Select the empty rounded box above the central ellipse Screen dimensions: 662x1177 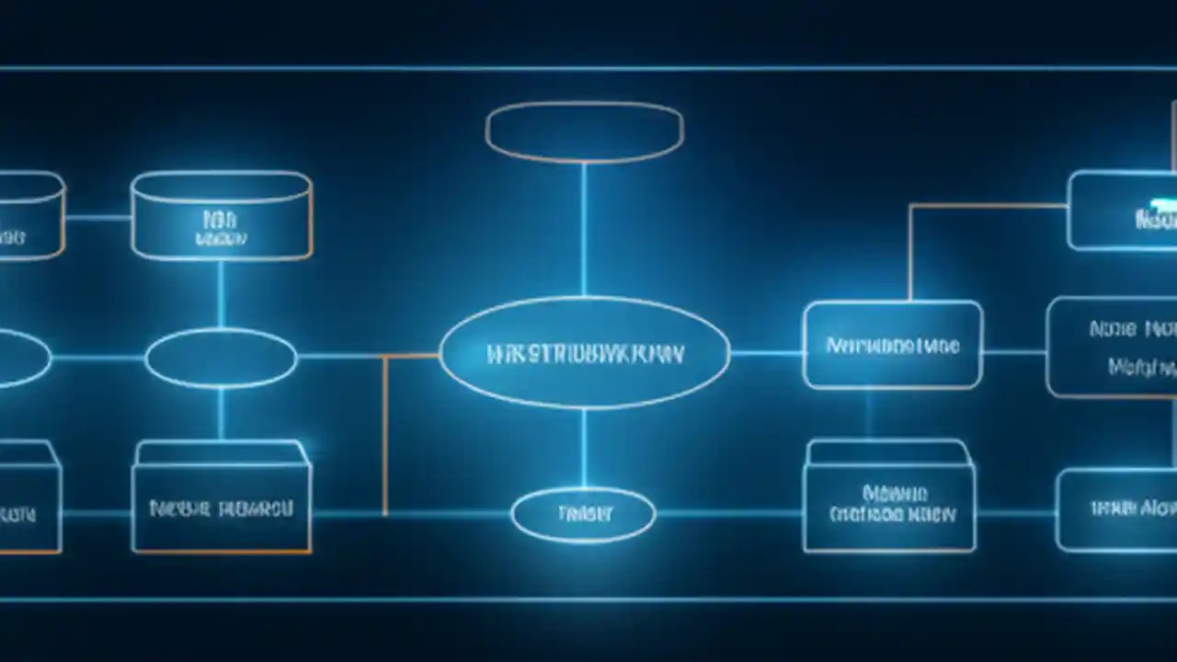coord(585,131)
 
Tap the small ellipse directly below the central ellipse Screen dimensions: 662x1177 coord(583,515)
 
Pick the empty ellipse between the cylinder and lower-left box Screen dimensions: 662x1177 coord(221,359)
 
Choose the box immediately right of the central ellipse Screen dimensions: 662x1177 coord(892,345)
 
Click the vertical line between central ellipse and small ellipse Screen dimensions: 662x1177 coord(584,448)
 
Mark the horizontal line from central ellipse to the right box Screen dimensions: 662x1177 coord(766,352)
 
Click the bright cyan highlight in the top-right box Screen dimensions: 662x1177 coord(1160,200)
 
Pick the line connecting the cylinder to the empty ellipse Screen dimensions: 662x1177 coord(221,293)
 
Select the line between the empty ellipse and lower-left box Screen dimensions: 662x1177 coord(221,414)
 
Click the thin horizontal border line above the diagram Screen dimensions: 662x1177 coord(588,68)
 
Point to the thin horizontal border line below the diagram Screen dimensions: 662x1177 coord(588,599)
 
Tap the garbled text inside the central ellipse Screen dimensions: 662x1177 coord(585,354)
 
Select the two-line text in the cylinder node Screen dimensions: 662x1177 coord(221,228)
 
